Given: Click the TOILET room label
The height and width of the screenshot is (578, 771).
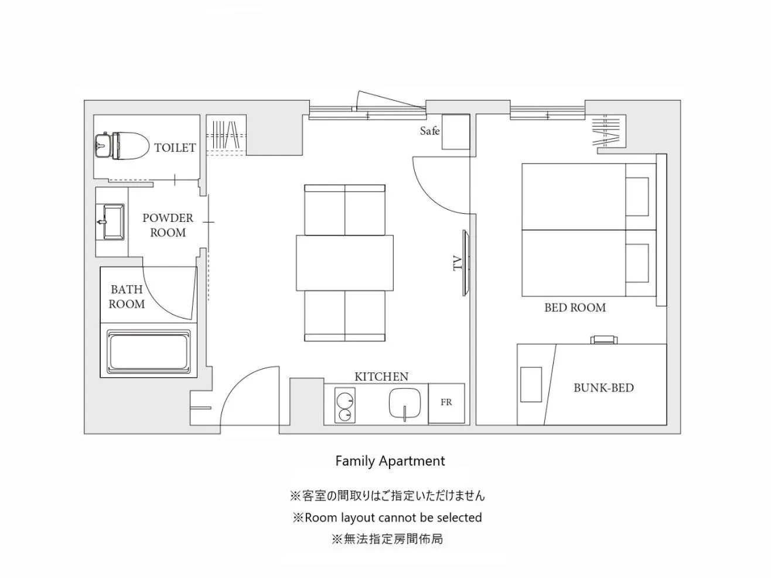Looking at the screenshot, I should click(175, 148).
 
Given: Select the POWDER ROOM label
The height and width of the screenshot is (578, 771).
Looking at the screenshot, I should click(168, 225).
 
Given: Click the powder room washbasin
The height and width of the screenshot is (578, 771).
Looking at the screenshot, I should click(112, 222).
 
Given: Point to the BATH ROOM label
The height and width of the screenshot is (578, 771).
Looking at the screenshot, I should click(127, 296).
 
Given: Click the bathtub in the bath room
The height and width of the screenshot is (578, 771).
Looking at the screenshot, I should click(149, 351).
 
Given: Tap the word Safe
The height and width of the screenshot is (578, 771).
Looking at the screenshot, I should click(429, 131).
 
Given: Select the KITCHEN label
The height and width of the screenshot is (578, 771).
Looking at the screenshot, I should click(381, 377).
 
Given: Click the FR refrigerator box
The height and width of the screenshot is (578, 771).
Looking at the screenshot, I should click(446, 403).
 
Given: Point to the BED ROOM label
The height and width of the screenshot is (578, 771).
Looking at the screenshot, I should click(575, 307).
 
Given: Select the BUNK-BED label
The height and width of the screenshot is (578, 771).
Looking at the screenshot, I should click(603, 388).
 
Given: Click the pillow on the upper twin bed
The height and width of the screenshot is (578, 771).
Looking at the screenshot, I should click(637, 197).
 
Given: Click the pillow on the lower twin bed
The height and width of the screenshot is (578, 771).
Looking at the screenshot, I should click(637, 263).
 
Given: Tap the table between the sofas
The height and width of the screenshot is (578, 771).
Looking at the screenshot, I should click(344, 262).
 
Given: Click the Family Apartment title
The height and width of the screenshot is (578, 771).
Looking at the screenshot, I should click(390, 461).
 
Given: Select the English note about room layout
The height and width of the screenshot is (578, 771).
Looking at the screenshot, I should click(387, 518).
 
